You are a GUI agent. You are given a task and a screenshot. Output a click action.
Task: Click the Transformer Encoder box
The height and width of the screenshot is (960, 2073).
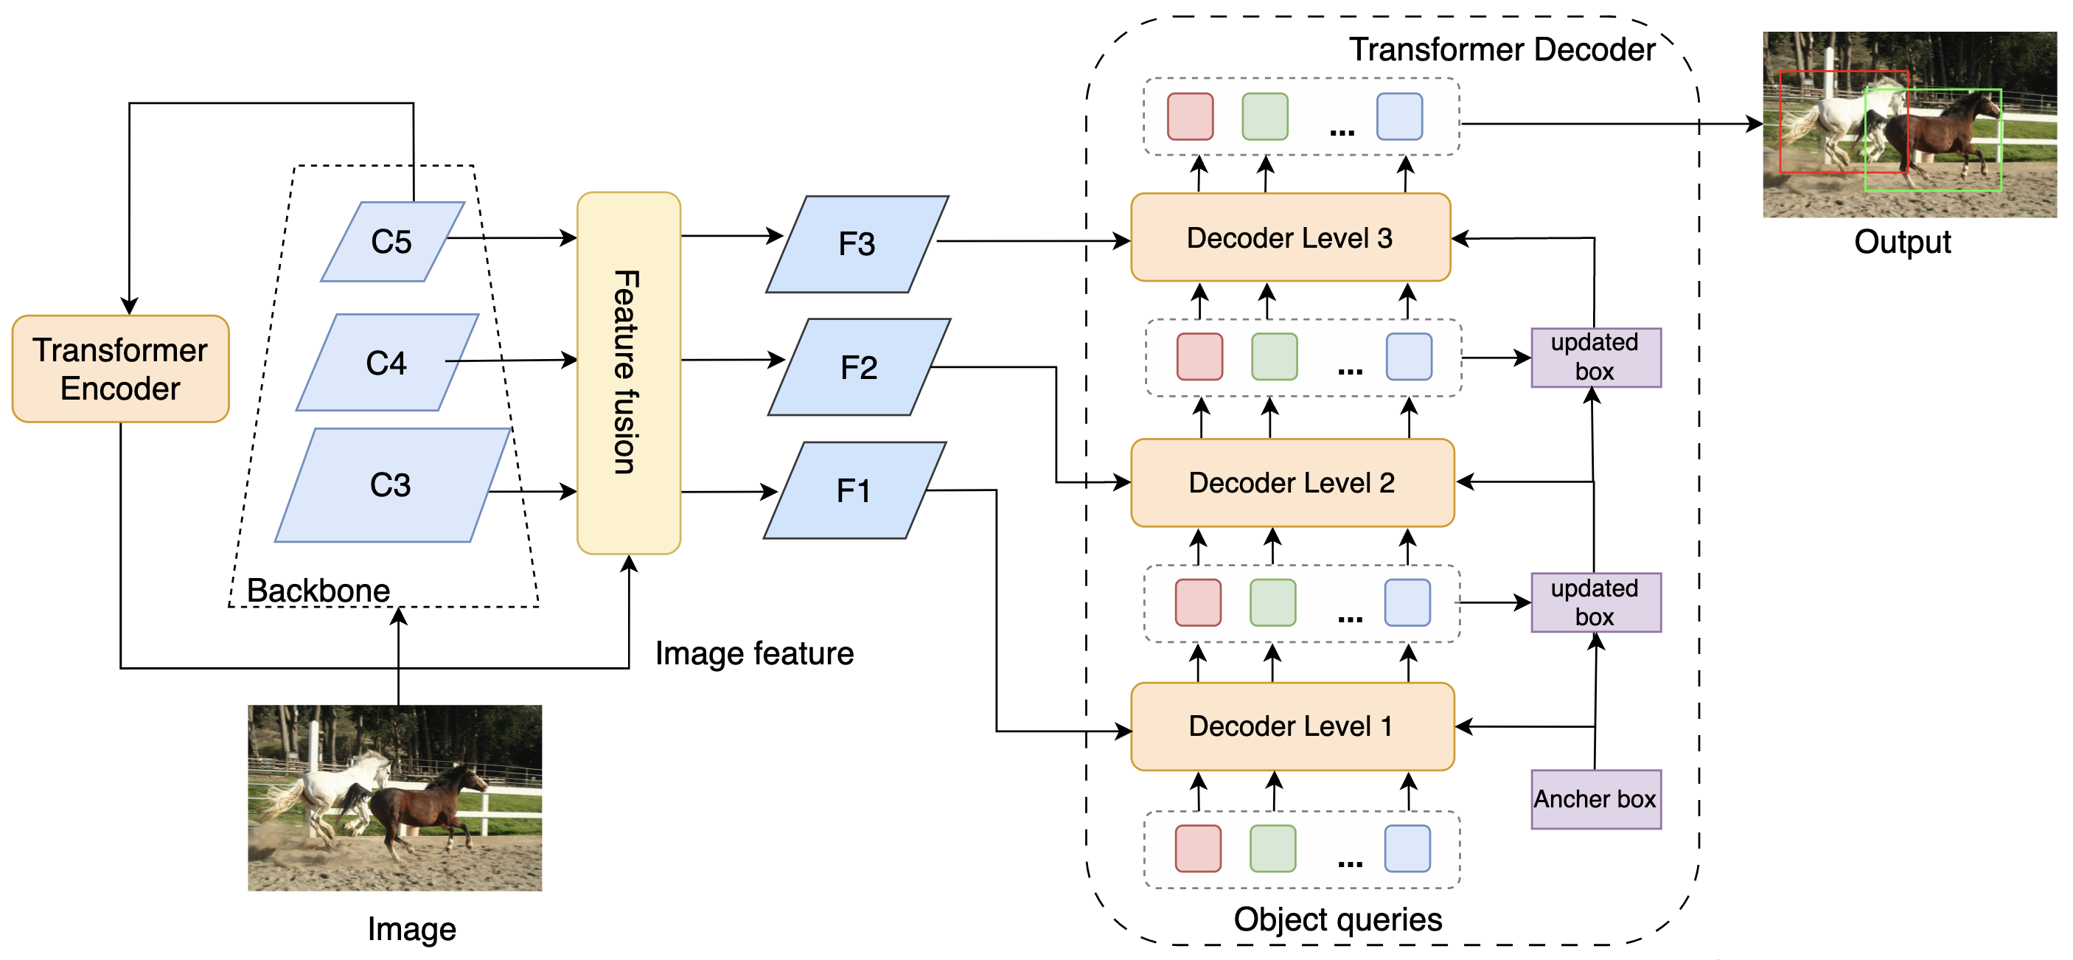pos(121,369)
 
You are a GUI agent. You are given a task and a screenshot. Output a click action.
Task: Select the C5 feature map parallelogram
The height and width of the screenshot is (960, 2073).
pos(392,241)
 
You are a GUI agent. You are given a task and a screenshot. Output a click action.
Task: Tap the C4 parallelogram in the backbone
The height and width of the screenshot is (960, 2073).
pos(387,363)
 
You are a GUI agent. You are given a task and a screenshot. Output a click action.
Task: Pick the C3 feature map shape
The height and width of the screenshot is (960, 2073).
pos(391,484)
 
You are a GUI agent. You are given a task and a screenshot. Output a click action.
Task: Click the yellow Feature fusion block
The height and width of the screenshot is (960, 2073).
pos(629,372)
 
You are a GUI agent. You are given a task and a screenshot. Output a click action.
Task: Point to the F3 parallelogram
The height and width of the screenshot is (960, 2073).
pos(857,244)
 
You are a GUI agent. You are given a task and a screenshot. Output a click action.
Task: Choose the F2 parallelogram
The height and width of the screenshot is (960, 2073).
pos(859,367)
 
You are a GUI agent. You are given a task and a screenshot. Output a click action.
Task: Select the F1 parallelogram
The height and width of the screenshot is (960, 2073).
pos(854,490)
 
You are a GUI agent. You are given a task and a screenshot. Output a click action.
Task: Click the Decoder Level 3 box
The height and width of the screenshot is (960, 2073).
pos(1290,237)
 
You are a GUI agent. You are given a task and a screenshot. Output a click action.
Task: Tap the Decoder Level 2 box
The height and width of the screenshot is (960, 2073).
pos(1292,483)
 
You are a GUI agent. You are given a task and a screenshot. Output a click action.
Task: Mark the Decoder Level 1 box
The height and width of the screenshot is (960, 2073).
pos(1292,726)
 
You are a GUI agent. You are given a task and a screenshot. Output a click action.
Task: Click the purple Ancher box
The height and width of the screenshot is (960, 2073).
pos(1595,799)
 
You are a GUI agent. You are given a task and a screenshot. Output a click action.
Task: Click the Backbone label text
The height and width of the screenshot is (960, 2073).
pos(318,590)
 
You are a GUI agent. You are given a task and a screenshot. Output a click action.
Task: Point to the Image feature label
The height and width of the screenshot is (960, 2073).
pos(754,653)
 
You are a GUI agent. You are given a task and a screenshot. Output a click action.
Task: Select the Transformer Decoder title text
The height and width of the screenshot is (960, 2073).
pos(1502,49)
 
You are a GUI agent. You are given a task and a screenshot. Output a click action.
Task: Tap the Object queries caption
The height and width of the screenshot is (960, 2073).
pos(1337,919)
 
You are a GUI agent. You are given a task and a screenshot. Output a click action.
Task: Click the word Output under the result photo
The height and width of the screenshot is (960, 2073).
pos(1903,241)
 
